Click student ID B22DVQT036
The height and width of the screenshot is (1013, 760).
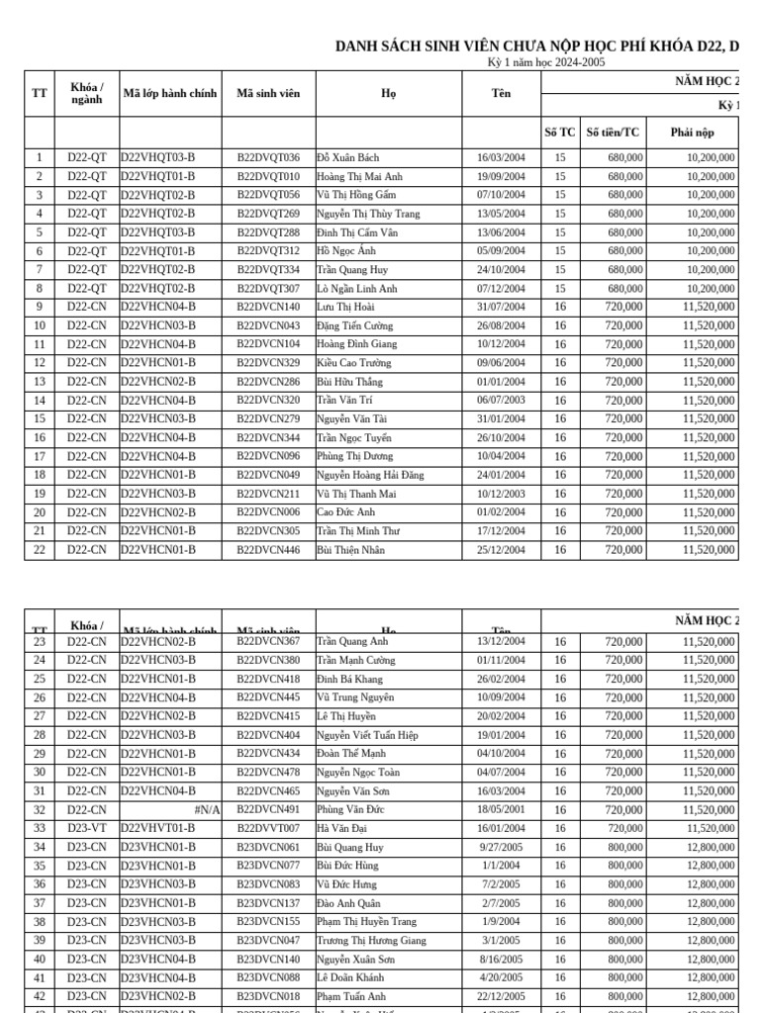[268, 157]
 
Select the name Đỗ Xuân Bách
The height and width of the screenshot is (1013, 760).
[347, 157]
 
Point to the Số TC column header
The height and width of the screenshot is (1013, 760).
[560, 132]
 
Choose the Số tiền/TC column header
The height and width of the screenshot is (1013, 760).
[613, 132]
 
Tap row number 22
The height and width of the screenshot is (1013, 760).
[40, 550]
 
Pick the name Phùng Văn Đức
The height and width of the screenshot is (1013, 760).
[349, 809]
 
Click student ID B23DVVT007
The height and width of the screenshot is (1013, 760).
[268, 828]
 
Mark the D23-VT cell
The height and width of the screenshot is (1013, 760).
[87, 828]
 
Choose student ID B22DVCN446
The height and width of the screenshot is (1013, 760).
[268, 550]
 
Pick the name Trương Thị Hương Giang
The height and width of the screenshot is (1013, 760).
[371, 940]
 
